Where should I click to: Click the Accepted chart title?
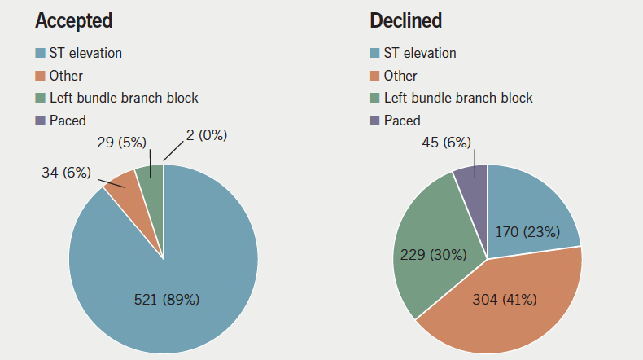[x=73, y=20]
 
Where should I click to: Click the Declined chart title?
[x=406, y=20]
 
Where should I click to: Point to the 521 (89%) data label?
[x=166, y=299]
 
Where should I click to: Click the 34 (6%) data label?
[x=59, y=172]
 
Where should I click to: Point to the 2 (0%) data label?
[x=200, y=135]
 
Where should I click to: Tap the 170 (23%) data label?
[x=527, y=232]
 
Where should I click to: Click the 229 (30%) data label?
[x=433, y=255]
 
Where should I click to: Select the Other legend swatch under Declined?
[x=374, y=76]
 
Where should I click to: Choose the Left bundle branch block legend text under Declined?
[x=458, y=98]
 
